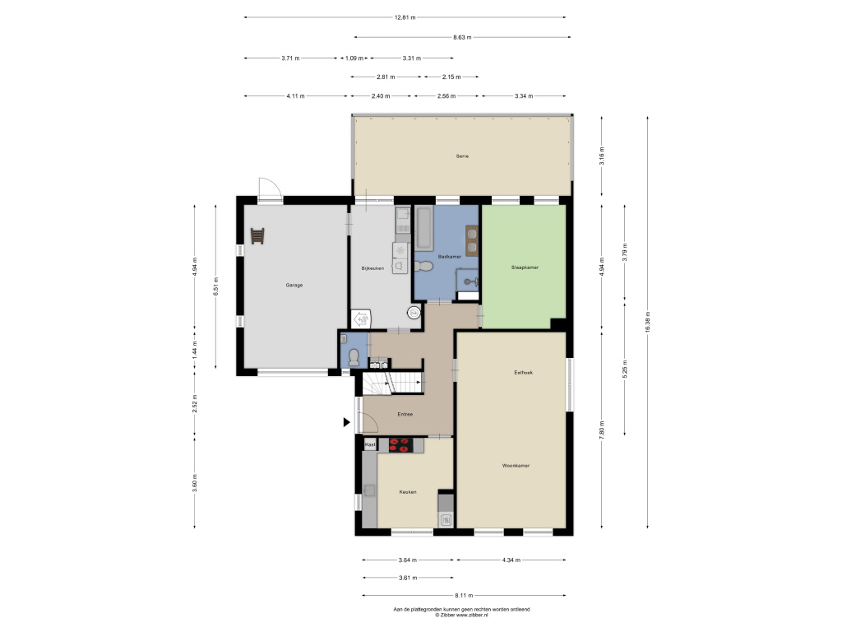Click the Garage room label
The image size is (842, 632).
294,286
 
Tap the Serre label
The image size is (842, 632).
462,156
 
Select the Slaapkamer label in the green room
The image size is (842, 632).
525,267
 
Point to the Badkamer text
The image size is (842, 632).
450,257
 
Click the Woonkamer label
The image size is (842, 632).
516,466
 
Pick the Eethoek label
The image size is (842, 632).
523,373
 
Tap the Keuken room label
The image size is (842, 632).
408,492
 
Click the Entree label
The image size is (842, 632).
405,415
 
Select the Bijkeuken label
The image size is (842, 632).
372,268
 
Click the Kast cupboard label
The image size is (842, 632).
370,445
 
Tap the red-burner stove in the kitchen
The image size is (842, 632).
401,445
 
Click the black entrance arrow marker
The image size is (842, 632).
347,422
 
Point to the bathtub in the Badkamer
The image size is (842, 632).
423,229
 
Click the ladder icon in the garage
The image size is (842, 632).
257,236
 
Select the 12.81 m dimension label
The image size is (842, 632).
405,17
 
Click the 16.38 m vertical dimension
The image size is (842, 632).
648,323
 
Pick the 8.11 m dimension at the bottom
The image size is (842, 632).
464,596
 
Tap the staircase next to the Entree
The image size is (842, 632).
394,383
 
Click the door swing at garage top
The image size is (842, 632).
270,188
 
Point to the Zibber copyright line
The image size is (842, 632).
462,615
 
